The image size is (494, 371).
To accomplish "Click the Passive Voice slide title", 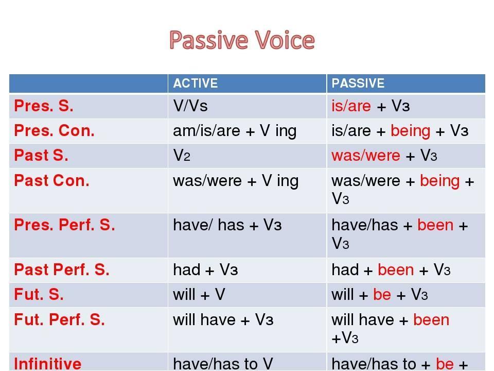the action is coord(242,40).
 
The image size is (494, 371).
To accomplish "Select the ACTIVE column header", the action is coord(196,83).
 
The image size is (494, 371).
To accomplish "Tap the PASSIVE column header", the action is coord(358,83).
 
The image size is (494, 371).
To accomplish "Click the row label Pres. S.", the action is coord(44,106).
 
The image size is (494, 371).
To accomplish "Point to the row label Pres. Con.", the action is coord(54,130).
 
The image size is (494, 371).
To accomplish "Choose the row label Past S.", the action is coord(41,155).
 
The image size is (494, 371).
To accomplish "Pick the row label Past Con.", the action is coord(51,181).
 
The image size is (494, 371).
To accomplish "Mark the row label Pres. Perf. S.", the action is coord(65,225).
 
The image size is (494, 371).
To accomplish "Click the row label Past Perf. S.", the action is coord(62,269).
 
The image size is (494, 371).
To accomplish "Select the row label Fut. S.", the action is coord(39,294).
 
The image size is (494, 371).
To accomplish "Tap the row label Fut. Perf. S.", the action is coord(59,319).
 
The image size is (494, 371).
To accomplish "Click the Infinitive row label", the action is coord(47,364).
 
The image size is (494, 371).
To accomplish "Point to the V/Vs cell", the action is coord(190,106).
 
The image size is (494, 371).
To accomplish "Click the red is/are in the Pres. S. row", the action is coord(351,106).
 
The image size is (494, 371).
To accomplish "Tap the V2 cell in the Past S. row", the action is coord(182,156).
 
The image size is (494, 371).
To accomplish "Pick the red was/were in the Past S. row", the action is coord(366,156).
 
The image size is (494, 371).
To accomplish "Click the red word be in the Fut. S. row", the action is coord(382,294).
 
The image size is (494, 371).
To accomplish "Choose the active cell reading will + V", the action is coord(199,294).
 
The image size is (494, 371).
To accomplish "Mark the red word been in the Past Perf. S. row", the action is coord(396,269).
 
